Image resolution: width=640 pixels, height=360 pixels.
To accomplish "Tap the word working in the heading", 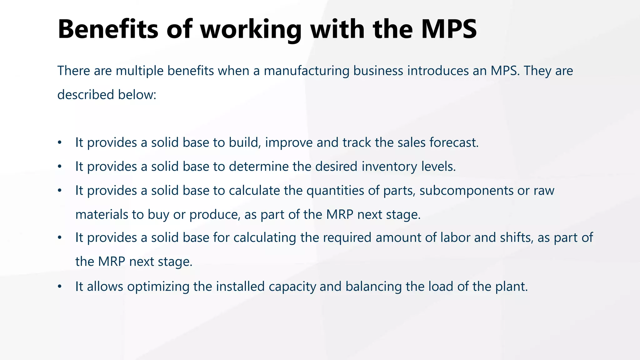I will [x=251, y=30].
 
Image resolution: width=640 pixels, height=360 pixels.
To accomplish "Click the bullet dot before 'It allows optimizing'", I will [x=60, y=287].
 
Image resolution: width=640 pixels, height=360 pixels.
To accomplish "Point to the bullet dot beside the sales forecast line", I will [x=60, y=143].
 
